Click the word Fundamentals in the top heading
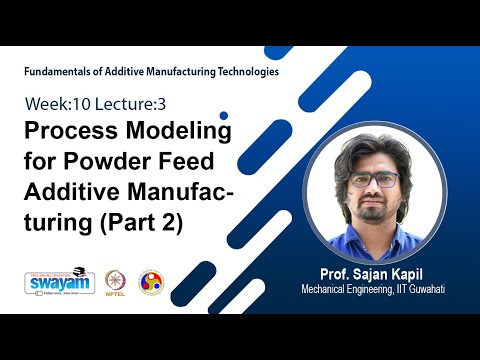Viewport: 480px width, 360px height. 59,72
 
